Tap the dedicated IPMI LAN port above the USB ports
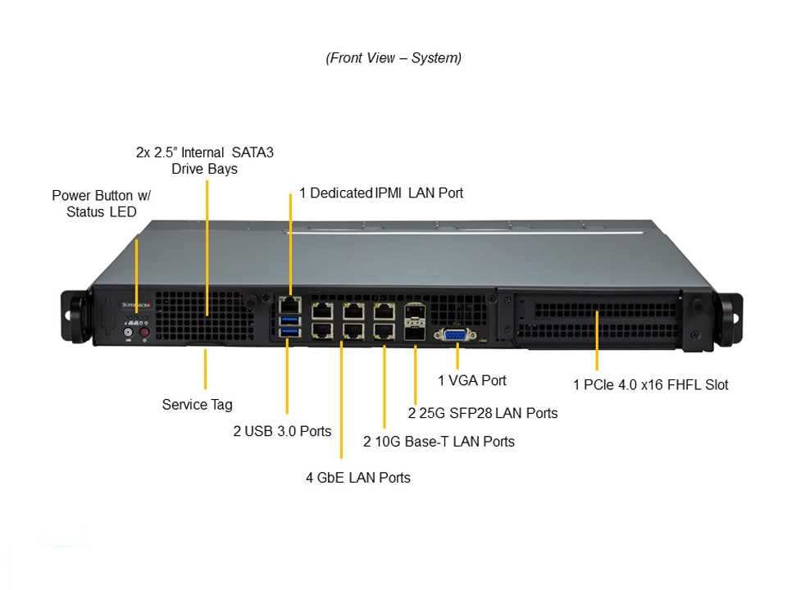coord(289,304)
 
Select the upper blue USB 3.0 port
coord(289,318)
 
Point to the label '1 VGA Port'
coord(471,380)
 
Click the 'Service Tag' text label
coord(197,404)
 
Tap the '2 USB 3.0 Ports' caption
coord(282,431)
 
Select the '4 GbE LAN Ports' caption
coord(358,477)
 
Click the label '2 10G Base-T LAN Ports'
coord(439,442)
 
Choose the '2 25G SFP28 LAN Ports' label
coord(483,413)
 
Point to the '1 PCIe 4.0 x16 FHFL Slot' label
coord(650,384)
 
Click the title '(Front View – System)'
coord(393,58)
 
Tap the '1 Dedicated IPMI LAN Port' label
coord(381,193)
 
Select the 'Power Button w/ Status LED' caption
coord(102,203)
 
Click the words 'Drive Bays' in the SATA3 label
coord(204,169)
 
